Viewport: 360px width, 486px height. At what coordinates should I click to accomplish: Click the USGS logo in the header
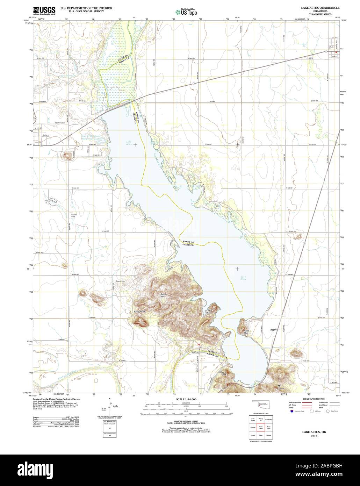click(x=44, y=10)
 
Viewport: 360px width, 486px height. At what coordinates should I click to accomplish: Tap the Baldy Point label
click(x=139, y=311)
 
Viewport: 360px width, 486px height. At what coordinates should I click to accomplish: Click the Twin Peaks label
click(x=209, y=312)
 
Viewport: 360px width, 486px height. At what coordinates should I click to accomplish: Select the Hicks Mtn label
click(x=246, y=332)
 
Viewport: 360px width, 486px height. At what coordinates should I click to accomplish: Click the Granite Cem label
click(x=74, y=216)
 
